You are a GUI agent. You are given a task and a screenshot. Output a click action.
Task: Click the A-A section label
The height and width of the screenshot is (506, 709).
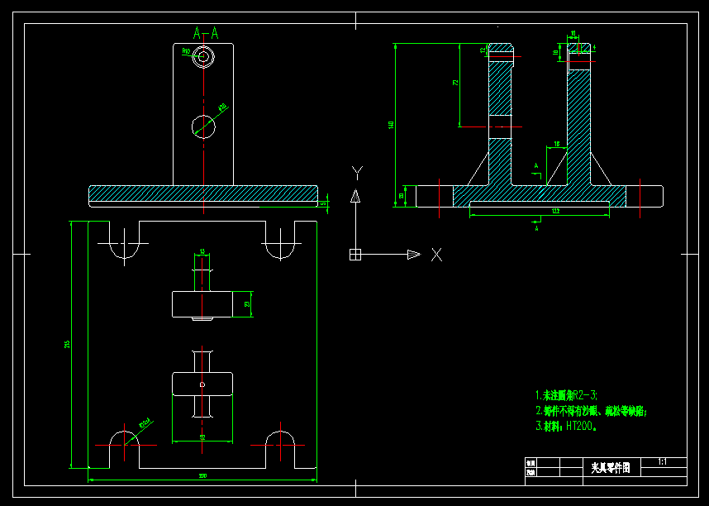tap(206, 33)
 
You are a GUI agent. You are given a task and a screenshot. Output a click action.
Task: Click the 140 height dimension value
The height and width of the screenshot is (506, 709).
tap(392, 125)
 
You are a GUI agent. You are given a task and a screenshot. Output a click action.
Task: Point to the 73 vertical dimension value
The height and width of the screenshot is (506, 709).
tap(455, 84)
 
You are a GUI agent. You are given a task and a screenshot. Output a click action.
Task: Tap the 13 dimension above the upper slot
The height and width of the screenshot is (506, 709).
tap(202, 251)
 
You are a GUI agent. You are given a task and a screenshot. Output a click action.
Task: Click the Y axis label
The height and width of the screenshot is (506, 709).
tap(357, 172)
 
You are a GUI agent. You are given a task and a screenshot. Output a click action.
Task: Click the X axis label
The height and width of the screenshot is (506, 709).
tap(436, 255)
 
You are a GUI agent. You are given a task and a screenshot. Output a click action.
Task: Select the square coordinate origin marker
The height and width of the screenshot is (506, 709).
tap(355, 255)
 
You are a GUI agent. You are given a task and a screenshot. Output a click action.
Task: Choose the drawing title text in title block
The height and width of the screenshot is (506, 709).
tap(611, 468)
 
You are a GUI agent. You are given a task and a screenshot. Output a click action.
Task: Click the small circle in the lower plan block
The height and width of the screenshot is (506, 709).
tap(202, 384)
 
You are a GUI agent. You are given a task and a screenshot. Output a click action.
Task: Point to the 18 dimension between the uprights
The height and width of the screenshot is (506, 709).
tap(556, 145)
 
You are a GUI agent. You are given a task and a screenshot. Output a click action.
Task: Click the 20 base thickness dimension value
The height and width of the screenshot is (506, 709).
tap(402, 196)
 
